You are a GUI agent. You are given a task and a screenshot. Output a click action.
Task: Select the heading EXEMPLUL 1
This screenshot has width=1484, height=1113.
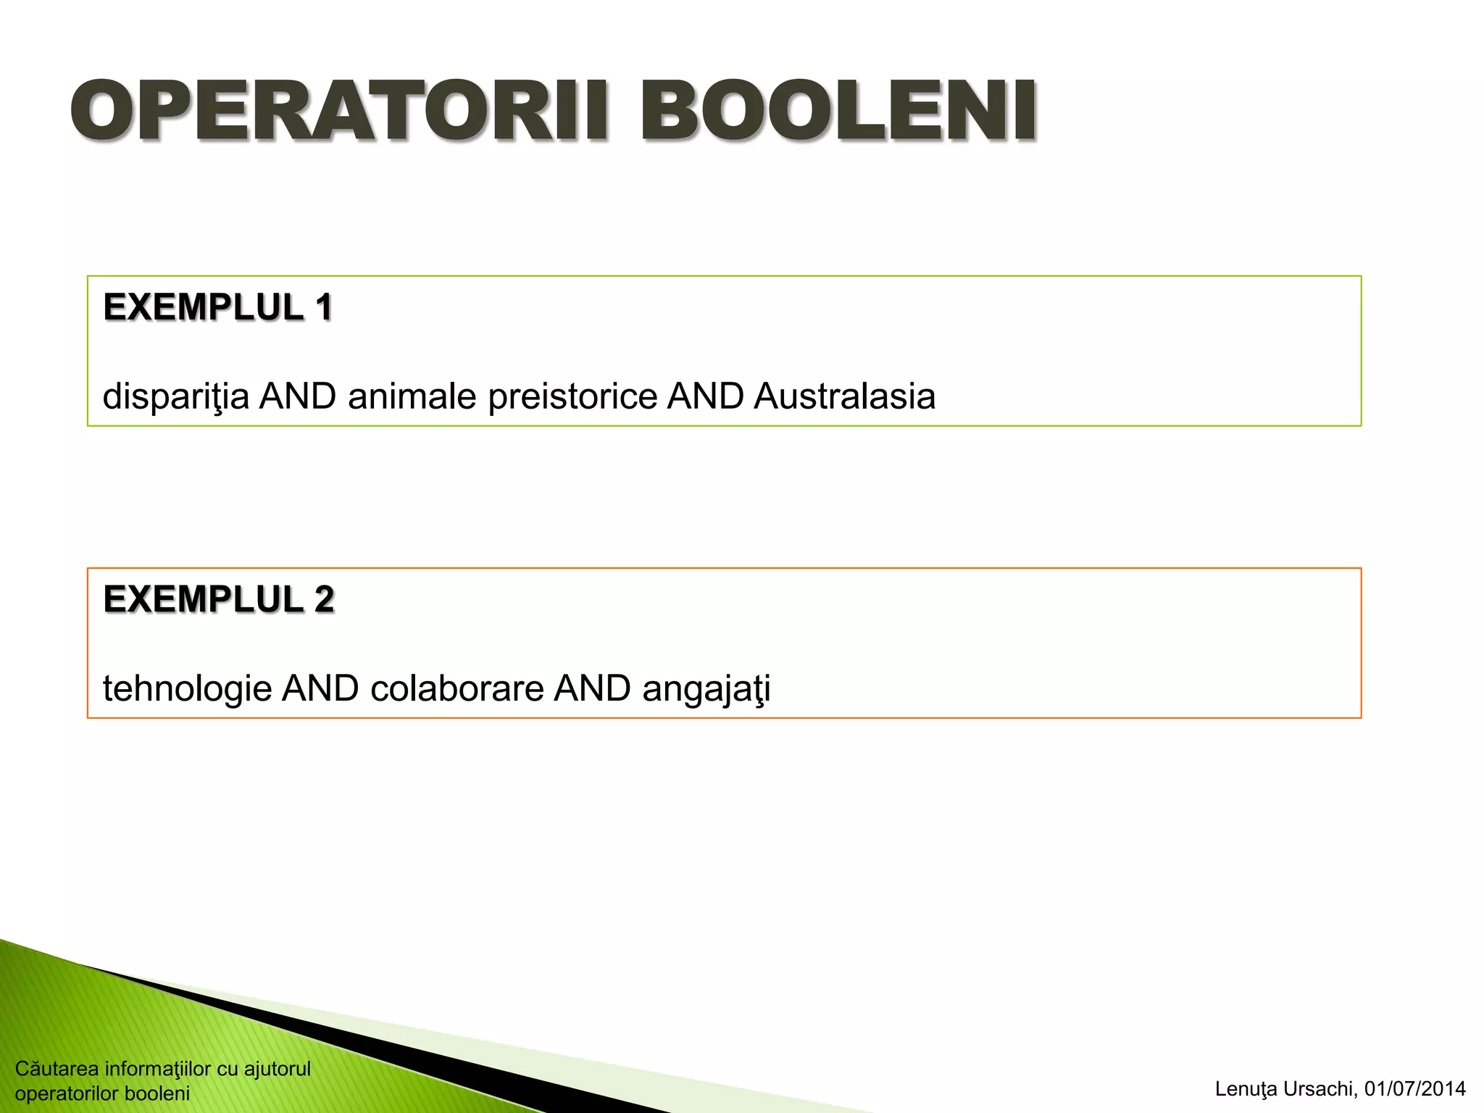[217, 307]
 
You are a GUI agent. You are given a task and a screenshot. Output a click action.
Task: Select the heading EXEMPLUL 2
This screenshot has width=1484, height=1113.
[218, 599]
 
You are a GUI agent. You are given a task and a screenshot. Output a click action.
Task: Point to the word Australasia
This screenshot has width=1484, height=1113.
[844, 396]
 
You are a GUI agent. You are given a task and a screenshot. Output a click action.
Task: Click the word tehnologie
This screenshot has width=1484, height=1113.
[187, 688]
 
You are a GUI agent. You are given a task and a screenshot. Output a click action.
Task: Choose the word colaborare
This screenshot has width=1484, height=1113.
[457, 688]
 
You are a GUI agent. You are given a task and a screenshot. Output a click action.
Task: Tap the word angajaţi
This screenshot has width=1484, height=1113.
[706, 688]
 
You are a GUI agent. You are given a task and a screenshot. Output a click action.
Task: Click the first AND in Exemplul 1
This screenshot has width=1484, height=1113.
[298, 396]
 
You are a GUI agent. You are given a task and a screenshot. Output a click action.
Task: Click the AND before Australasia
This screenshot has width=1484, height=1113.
[705, 396]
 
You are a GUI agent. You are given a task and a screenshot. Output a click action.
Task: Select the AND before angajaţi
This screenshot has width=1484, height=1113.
[592, 688]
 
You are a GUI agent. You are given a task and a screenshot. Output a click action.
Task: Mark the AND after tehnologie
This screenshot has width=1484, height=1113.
[320, 688]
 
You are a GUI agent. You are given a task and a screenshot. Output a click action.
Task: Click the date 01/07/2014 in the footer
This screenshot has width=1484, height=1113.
[1414, 1089]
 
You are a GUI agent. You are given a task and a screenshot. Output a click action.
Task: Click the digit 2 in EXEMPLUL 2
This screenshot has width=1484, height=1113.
[324, 599]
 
